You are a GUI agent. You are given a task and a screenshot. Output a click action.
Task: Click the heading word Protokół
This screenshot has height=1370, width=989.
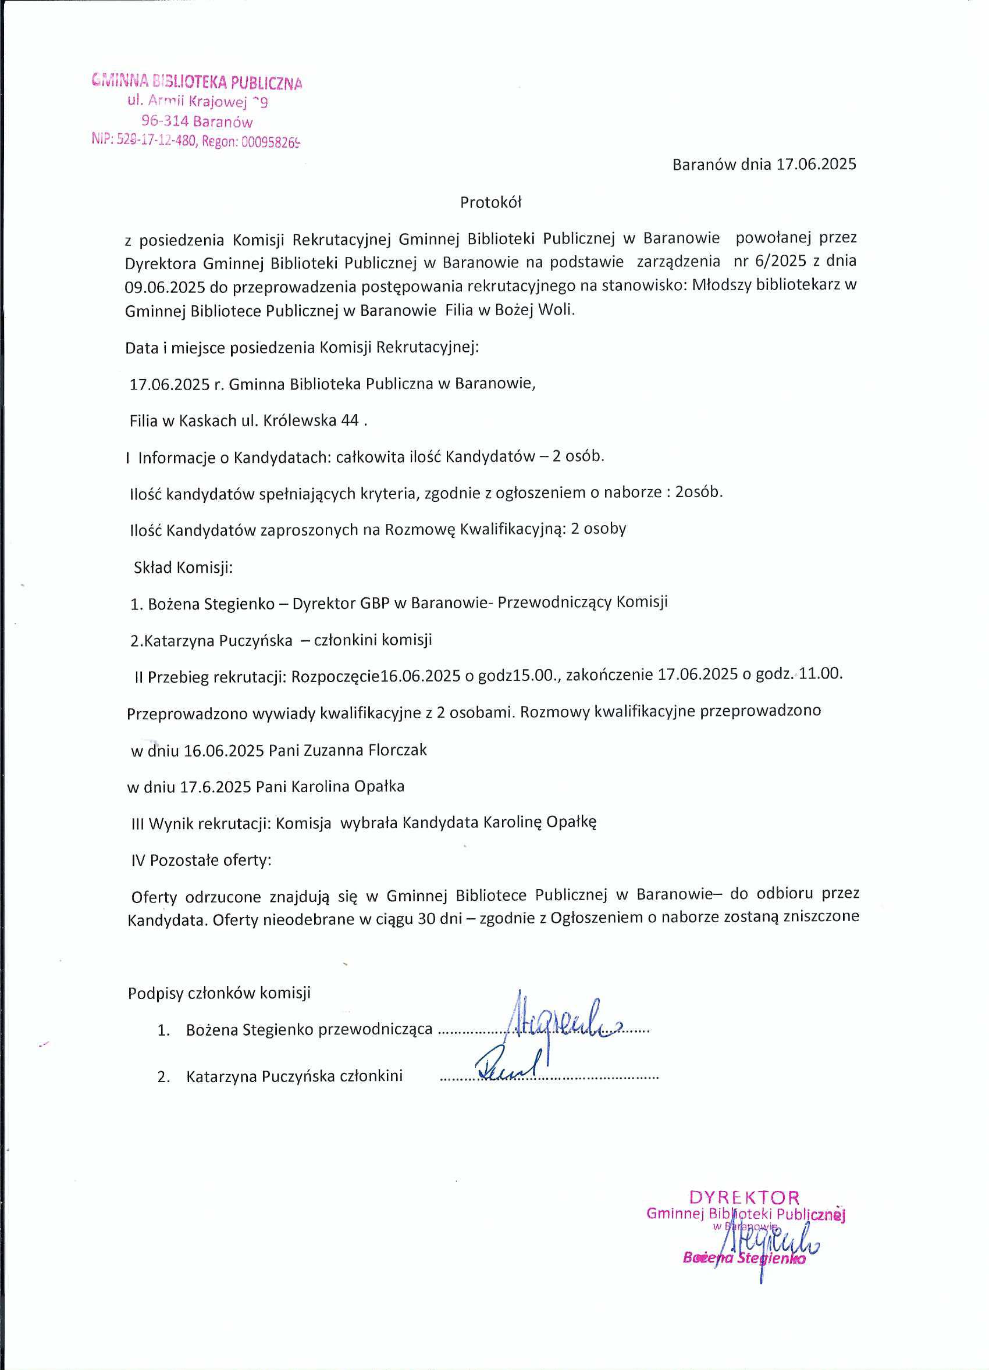(x=490, y=202)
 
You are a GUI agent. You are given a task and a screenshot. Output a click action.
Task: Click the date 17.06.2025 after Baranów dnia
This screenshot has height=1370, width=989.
(x=816, y=165)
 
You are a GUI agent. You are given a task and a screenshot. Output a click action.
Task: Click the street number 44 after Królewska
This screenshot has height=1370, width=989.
(x=350, y=420)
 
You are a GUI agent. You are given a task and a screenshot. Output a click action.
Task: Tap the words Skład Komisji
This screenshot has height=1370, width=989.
(x=183, y=567)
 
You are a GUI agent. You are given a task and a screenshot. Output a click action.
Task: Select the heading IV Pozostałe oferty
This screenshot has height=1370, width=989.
(x=201, y=860)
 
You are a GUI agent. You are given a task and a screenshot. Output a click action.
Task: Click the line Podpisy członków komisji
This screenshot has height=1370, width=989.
(x=219, y=993)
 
